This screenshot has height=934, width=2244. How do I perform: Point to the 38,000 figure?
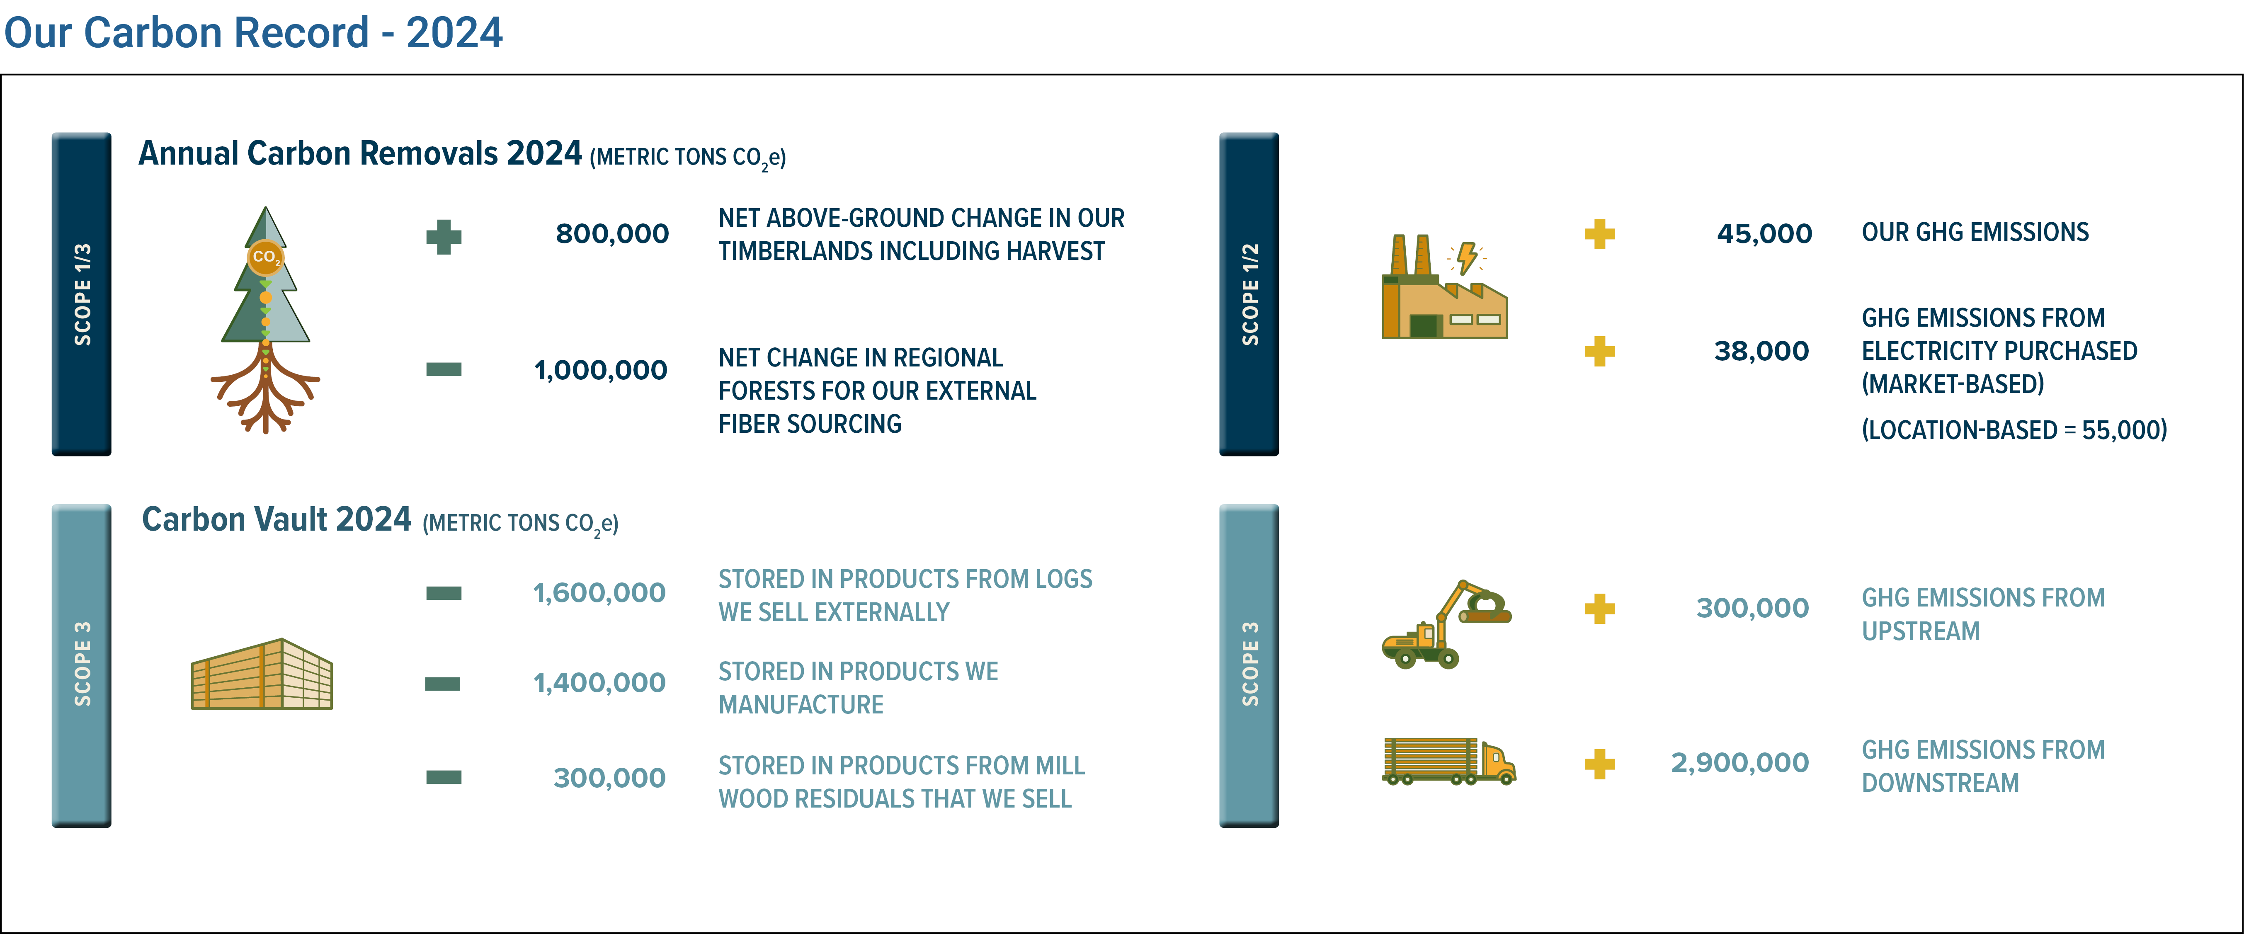pyautogui.click(x=1761, y=351)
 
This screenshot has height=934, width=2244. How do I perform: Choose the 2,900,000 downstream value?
pyautogui.click(x=1739, y=763)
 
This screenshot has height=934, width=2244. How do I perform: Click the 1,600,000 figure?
pyautogui.click(x=599, y=593)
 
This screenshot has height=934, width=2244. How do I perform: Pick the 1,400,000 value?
pyautogui.click(x=599, y=683)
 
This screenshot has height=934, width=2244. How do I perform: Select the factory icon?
pyautogui.click(x=1444, y=288)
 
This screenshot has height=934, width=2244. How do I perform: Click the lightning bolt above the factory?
pyautogui.click(x=1467, y=258)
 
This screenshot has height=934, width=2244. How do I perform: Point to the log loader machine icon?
pyautogui.click(x=1446, y=624)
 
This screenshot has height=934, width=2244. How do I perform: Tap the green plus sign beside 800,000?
pyautogui.click(x=444, y=237)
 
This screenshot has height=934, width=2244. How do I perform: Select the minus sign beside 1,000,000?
pyautogui.click(x=444, y=369)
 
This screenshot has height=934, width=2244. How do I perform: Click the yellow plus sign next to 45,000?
pyautogui.click(x=1599, y=233)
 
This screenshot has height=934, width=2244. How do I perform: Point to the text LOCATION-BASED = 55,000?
pyautogui.click(x=2014, y=429)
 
